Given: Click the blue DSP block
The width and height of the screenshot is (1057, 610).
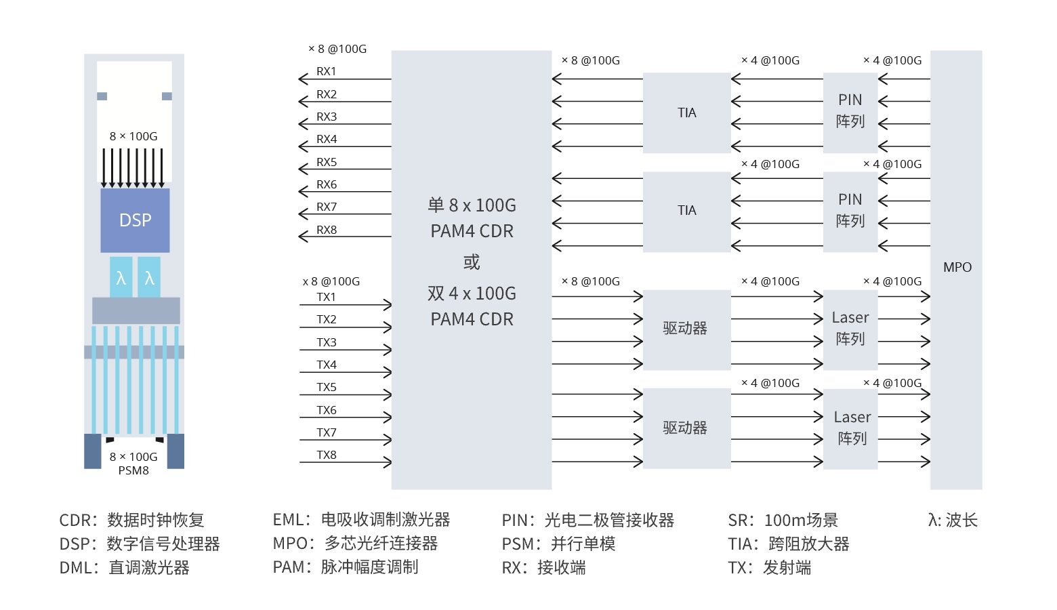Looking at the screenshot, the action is (135, 220).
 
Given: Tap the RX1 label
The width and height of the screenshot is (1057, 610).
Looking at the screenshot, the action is (326, 71).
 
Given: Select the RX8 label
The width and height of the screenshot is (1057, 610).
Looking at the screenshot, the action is (326, 230).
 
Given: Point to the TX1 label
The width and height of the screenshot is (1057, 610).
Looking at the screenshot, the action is (326, 297).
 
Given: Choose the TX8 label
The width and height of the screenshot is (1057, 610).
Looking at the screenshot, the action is (326, 455).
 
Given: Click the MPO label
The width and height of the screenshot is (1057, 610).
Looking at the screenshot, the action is (957, 267).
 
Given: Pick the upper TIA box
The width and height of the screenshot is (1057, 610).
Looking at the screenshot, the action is (686, 113).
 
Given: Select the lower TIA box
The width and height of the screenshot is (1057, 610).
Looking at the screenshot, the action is (686, 212).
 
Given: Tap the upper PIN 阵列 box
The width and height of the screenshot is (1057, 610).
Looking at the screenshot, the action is (850, 113).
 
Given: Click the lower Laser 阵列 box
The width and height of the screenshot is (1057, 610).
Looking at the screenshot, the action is (850, 429).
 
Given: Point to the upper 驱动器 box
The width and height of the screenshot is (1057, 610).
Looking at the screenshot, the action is (686, 330).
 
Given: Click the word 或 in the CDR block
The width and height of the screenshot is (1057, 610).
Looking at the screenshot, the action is (472, 262).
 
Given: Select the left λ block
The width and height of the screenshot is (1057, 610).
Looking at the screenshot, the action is (121, 277).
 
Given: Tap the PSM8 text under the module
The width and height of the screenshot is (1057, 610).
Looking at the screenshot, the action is (133, 471).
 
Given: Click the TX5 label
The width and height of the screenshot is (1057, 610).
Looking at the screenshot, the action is (326, 387).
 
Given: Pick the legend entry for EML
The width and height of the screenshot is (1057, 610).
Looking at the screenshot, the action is (361, 520).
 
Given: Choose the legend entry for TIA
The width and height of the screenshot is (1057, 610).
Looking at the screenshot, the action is (789, 544).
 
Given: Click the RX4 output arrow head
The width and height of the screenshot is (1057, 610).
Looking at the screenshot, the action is (304, 147).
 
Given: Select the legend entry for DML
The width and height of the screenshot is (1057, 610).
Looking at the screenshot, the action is (124, 567).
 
